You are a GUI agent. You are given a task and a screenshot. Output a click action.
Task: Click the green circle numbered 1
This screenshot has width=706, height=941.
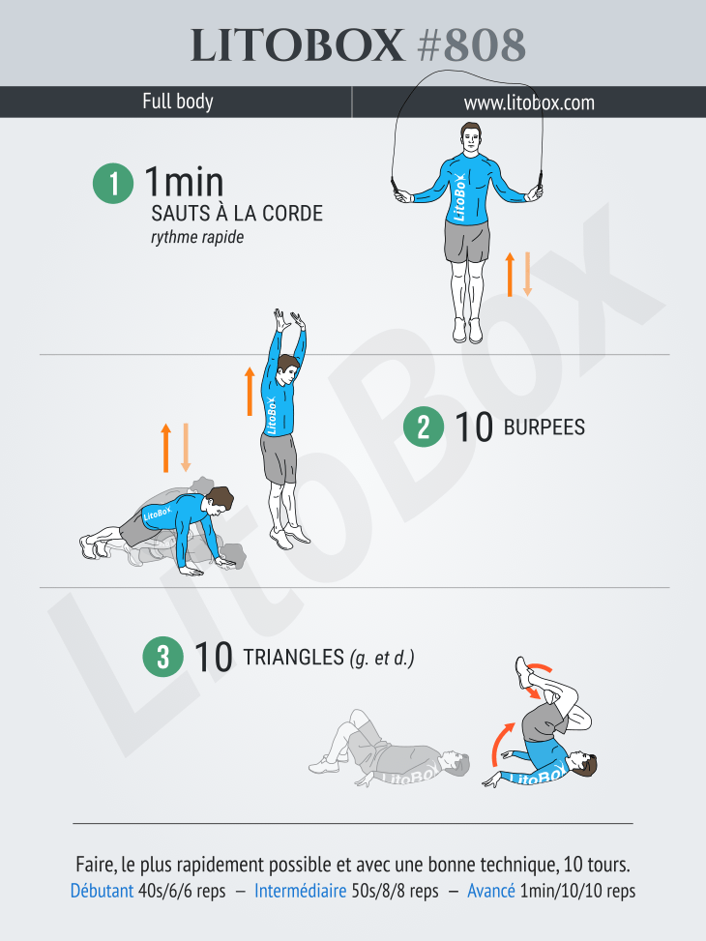click(113, 183)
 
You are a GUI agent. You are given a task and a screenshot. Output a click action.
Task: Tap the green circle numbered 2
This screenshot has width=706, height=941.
click(424, 426)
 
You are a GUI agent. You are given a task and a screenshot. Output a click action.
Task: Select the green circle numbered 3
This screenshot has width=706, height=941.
click(162, 657)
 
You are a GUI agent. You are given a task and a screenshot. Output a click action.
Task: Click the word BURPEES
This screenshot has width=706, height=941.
click(544, 427)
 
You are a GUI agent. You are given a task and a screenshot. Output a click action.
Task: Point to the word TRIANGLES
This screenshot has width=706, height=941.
click(294, 657)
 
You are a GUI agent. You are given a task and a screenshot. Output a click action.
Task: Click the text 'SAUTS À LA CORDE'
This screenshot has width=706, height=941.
click(237, 213)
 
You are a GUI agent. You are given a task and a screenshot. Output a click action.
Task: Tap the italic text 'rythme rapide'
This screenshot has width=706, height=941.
click(197, 237)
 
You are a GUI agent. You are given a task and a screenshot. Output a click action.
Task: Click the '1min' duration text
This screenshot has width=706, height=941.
click(184, 182)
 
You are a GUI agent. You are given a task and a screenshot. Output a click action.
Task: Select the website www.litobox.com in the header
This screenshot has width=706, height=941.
click(529, 103)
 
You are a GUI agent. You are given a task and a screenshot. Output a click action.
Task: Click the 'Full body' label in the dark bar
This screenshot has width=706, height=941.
click(178, 102)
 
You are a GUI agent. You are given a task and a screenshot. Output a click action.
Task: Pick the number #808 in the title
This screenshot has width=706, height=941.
click(472, 45)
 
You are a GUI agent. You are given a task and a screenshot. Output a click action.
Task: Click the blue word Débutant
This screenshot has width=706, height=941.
click(103, 891)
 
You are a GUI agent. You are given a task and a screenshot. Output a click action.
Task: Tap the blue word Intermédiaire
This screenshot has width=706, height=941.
click(300, 891)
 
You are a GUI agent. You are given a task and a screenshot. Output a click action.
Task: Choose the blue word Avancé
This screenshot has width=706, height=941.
click(491, 891)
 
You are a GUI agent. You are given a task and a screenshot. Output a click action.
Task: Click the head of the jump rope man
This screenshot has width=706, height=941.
click(471, 139)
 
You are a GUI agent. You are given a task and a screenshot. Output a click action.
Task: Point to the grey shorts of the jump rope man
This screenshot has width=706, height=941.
click(467, 241)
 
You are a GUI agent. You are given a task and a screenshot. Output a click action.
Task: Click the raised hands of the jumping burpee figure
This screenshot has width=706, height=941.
click(289, 320)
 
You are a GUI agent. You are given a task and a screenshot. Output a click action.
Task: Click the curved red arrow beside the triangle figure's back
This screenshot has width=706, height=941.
click(501, 743)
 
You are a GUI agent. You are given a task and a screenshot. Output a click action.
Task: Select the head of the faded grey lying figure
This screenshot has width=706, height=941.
click(456, 764)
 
